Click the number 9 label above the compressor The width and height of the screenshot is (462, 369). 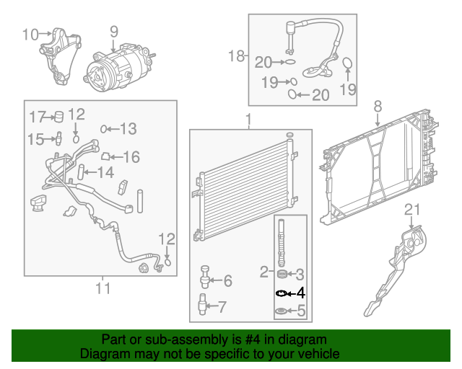coord(113,31)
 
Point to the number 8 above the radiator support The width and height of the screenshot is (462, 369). coord(377,107)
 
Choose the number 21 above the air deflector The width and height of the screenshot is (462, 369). coord(411,210)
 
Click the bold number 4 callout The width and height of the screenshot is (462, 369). coord(301,293)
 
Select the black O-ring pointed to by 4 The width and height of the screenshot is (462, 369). coord(282,293)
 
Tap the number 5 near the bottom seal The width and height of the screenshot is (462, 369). coord(301,312)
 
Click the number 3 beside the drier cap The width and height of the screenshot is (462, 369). coord(301,274)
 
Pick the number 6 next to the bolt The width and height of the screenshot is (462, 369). coord(227,281)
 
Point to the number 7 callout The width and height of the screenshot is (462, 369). coord(222,306)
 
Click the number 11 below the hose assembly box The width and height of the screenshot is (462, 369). coord(103,289)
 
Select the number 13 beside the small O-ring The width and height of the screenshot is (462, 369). coord(127,129)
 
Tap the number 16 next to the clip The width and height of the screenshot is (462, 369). coord(131,157)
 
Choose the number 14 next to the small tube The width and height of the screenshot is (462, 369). coord(105,173)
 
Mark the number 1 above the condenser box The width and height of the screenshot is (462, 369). coord(248,118)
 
